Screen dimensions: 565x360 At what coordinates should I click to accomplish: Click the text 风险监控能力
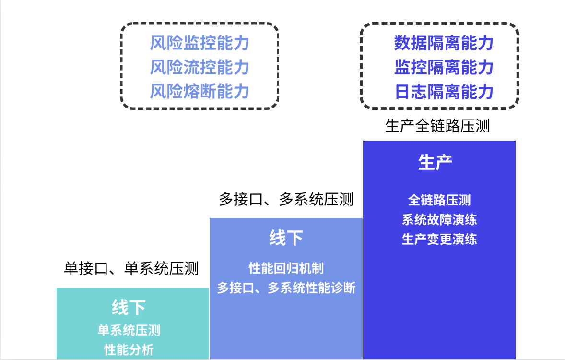200,43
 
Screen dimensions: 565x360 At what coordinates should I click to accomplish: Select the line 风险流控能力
200,67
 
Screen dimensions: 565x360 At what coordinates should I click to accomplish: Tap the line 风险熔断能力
200,91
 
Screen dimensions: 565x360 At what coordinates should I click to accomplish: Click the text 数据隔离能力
444,43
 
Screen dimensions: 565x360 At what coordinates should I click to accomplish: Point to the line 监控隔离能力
444,67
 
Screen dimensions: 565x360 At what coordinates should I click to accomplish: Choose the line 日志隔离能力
444,91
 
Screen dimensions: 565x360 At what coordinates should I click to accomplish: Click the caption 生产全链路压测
437,126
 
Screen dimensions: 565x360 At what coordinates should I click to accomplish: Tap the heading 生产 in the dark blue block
435,163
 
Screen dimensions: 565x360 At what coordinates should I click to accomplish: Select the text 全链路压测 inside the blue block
439,200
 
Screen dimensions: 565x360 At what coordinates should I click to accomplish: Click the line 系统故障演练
439,219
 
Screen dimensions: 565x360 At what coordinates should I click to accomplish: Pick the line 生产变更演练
439,239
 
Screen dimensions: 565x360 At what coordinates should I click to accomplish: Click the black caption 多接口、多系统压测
286,199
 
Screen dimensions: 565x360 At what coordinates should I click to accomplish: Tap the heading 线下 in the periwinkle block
286,238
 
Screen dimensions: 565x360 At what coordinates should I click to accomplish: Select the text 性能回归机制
286,268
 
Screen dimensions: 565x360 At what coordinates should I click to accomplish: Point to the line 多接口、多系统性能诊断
286,288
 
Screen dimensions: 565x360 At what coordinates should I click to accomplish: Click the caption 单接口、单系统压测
131,268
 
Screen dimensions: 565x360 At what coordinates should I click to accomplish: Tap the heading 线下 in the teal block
129,307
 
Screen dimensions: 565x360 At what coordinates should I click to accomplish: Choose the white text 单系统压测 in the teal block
129,330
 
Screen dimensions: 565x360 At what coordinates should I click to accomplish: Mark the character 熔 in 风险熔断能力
191,91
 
